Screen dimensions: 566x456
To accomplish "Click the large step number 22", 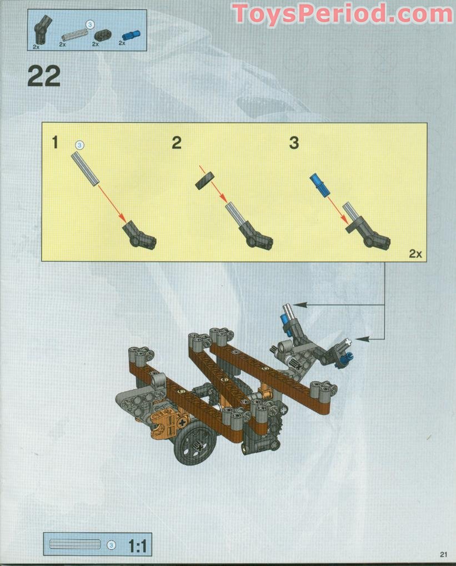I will click(x=44, y=77).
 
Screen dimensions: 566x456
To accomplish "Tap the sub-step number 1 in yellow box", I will click(x=54, y=143).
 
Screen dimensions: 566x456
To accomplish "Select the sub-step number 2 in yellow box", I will click(x=176, y=143).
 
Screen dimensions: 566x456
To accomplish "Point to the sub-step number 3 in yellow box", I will click(x=294, y=143).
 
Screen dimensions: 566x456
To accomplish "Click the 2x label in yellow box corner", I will click(x=415, y=253).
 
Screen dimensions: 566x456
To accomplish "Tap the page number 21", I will click(x=443, y=554).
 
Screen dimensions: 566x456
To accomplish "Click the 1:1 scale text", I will click(x=137, y=545).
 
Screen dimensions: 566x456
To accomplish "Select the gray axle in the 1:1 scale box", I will click(x=75, y=544).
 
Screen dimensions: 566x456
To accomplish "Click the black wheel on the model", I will click(x=194, y=445).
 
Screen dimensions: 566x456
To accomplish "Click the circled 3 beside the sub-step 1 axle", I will click(x=79, y=145).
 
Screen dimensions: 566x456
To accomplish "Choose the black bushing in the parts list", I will click(x=101, y=36).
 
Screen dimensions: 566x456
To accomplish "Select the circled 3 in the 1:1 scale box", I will click(x=111, y=545).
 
